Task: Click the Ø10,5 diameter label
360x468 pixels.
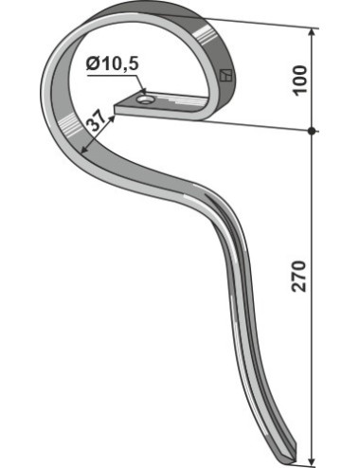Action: coord(113,63)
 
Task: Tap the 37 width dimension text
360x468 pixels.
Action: coord(96,121)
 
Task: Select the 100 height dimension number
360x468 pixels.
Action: coord(299,80)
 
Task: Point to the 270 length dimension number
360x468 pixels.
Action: coord(299,277)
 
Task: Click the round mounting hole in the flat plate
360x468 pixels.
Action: coord(145,100)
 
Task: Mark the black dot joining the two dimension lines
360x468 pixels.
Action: coord(312,131)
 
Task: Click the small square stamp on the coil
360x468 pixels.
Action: coord(225,75)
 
